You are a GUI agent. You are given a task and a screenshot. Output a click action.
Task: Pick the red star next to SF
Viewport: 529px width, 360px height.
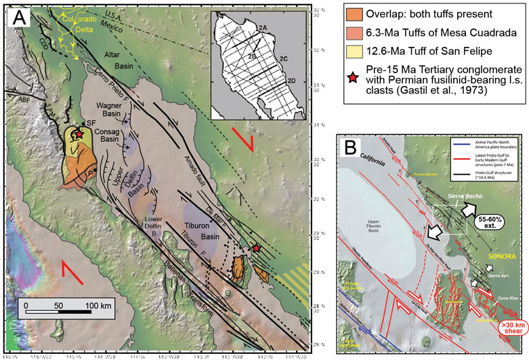point(79,135)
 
